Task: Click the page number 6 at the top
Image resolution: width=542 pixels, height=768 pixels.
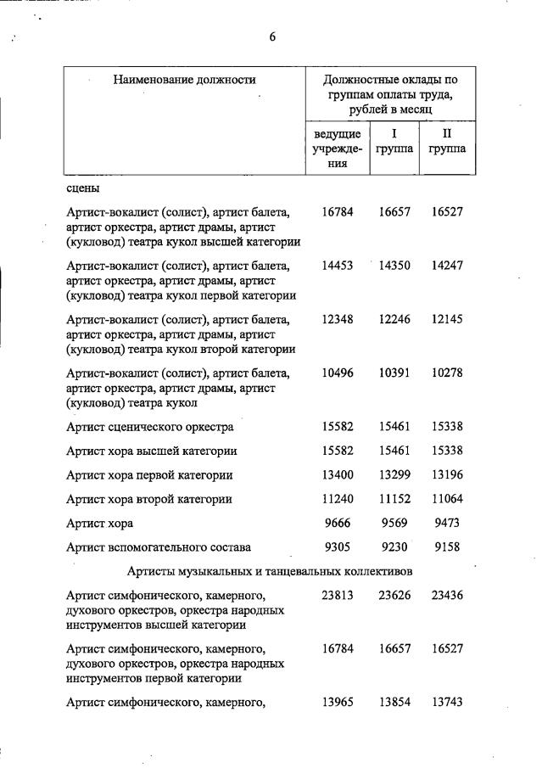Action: coord(272,36)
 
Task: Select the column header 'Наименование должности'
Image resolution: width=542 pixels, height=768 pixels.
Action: coord(184,80)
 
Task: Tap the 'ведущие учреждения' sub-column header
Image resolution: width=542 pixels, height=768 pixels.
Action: coord(338,149)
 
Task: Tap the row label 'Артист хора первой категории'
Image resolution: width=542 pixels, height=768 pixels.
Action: coord(149,474)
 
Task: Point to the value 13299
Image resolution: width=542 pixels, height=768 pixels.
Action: coord(394,474)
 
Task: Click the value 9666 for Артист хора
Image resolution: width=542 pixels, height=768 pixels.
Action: coord(338,523)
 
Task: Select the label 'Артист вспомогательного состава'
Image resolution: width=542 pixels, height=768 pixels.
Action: coord(159,547)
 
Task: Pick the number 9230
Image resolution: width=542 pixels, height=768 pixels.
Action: coord(394,547)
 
